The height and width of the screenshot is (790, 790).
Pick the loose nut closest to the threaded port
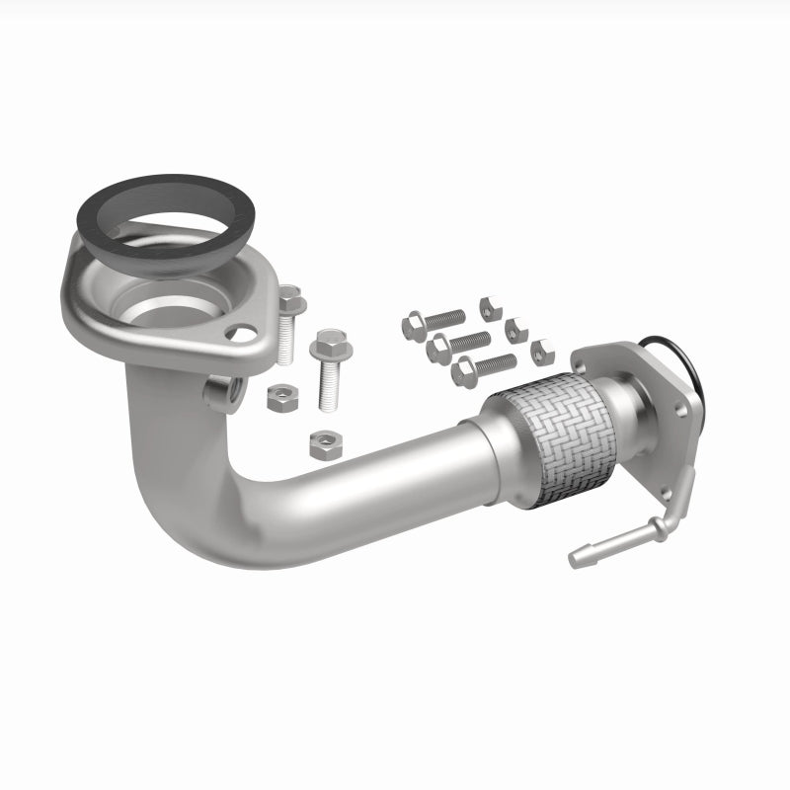[279, 400]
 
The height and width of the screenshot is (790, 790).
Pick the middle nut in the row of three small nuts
[514, 328]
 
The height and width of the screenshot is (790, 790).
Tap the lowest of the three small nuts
[541, 351]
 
